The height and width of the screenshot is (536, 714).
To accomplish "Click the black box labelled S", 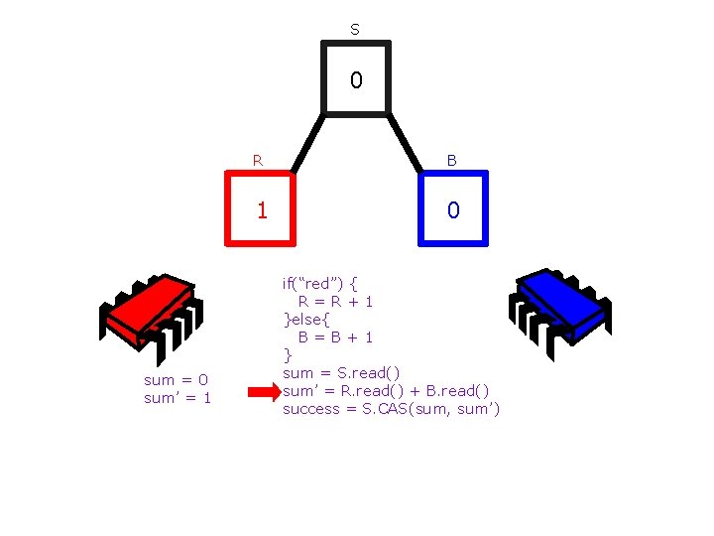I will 356,78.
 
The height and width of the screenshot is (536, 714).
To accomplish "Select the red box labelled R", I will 261,208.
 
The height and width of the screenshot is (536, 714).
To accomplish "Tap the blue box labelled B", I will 452,208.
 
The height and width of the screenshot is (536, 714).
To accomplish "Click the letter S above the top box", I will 355,30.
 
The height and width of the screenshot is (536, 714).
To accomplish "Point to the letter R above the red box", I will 258,159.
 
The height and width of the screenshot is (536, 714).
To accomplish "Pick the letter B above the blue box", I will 451,159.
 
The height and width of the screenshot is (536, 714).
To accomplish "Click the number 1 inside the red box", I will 262,210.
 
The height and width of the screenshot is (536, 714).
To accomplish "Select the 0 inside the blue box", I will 452,210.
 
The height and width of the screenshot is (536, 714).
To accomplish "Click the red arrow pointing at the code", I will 263,392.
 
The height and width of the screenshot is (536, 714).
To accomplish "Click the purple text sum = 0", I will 177,380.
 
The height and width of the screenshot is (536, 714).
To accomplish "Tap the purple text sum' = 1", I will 178,398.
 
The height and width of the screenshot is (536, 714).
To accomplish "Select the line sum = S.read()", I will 341,373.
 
